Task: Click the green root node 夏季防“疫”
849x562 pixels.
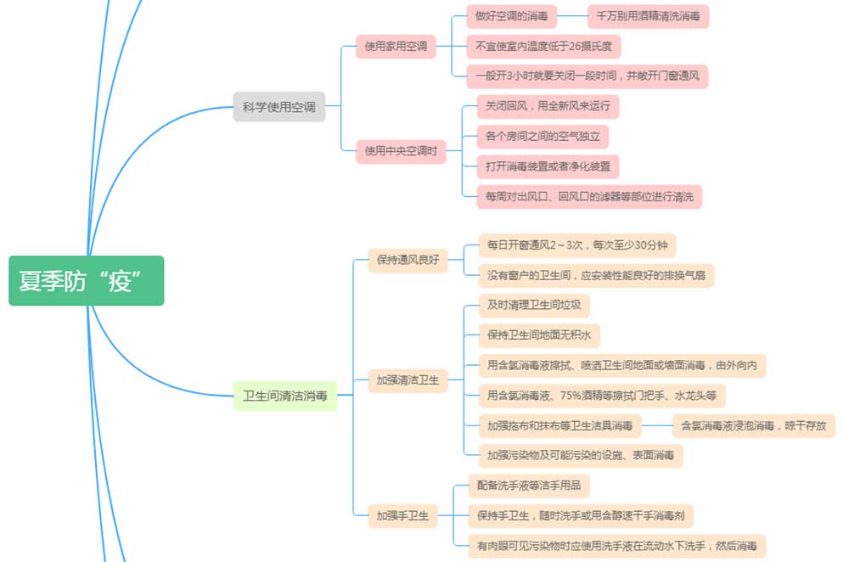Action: tap(86, 281)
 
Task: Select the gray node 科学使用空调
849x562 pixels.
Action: tap(279, 107)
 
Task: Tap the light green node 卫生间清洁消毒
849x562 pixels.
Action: tap(284, 396)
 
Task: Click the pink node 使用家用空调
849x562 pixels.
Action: tap(396, 46)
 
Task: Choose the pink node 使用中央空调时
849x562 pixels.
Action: tap(401, 151)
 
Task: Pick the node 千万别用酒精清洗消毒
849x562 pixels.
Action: tap(648, 16)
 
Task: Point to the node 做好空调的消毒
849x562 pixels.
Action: tap(516, 16)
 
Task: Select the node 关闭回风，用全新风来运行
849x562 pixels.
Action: tap(547, 106)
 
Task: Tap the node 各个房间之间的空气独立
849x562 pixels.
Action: tap(543, 136)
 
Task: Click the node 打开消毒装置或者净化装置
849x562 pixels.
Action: tap(547, 166)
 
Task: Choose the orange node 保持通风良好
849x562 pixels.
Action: tap(408, 260)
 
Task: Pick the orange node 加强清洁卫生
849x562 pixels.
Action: tap(408, 380)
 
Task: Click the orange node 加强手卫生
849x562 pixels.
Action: tap(402, 514)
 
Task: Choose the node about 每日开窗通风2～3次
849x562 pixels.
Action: tap(576, 245)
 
